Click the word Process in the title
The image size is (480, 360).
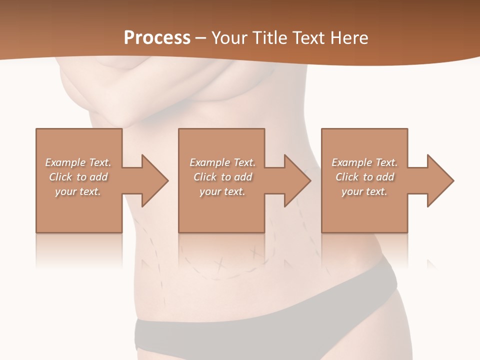(157, 38)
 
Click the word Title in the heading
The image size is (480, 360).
(269, 38)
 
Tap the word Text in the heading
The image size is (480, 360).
(307, 38)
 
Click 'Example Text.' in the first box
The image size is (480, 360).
(78, 162)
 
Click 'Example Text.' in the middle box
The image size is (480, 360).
(222, 162)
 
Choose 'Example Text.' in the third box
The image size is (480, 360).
(364, 162)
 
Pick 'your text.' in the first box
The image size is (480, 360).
(78, 191)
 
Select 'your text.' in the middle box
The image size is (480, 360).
(222, 191)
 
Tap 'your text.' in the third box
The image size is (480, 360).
(364, 191)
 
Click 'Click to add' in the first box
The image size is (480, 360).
(78, 177)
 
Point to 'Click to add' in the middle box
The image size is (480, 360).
(222, 177)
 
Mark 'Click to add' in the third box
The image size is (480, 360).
(364, 177)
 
